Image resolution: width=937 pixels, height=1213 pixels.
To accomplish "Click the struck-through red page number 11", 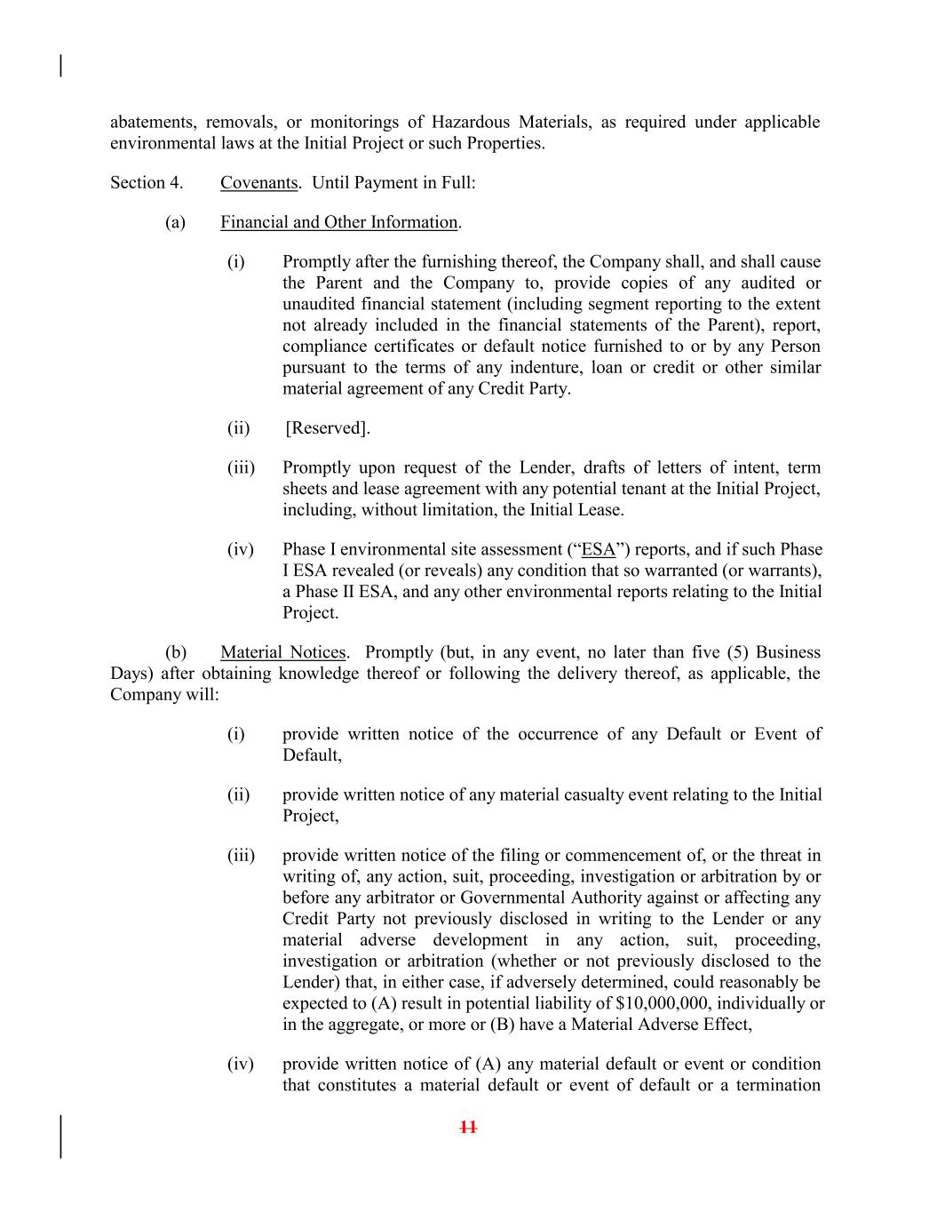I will tap(468, 1128).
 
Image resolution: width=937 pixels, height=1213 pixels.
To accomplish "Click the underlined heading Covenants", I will tap(258, 183).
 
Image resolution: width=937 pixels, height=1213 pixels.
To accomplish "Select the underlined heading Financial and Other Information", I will tap(338, 222).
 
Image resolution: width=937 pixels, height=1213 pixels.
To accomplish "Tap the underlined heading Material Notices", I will tap(282, 653).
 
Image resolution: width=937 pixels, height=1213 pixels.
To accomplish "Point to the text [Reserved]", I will tap(328, 428).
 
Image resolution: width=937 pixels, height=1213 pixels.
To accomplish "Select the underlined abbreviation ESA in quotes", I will tap(598, 550).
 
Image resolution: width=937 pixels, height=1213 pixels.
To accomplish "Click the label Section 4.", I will tap(147, 183).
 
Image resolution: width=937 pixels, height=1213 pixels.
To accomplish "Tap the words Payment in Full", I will tap(420, 183).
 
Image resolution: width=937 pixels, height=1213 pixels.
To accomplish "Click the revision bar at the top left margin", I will tap(60, 66).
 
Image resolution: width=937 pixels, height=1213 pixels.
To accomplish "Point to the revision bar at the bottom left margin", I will tap(60, 1137).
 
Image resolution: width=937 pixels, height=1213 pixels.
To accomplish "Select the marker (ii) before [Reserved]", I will tap(238, 428).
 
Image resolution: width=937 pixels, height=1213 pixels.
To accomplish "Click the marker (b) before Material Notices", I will tap(175, 653).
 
